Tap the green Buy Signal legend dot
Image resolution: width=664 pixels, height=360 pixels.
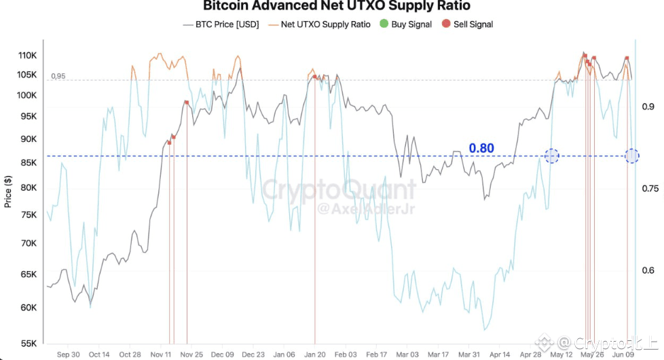tap(384, 24)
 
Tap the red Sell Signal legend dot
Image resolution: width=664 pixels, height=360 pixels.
tap(446, 24)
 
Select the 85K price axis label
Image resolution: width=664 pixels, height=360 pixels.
tap(28, 163)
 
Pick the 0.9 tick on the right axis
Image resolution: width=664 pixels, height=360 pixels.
tap(647, 107)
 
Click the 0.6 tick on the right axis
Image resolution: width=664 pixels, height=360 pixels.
tap(647, 270)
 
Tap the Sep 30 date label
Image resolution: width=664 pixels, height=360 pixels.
tap(69, 355)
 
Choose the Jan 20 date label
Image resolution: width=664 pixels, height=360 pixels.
tap(315, 355)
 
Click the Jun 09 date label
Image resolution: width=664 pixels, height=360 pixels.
tap(624, 355)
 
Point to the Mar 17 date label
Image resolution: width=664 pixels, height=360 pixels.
tap(438, 355)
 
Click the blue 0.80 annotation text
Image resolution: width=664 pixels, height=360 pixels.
tap(481, 148)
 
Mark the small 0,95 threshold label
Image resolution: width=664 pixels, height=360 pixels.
tap(58, 76)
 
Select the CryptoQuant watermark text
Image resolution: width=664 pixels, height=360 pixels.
tap(339, 189)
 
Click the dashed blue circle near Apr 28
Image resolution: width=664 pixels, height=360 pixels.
tap(552, 156)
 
